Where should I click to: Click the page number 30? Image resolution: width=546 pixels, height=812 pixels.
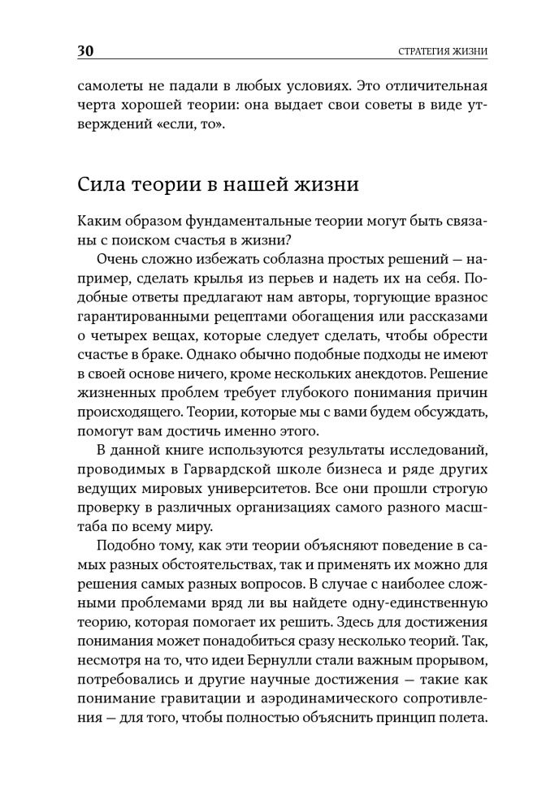[85, 51]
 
